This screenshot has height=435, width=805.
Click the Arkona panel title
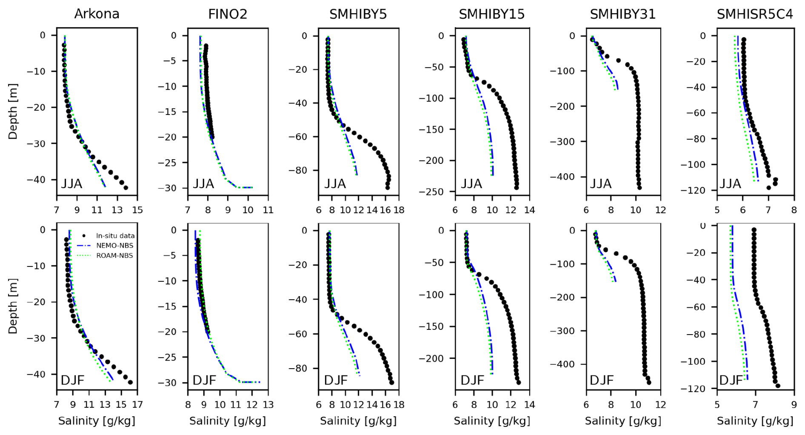click(97, 14)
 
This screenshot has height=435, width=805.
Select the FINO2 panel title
click(228, 14)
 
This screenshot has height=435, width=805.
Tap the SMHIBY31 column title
click(622, 14)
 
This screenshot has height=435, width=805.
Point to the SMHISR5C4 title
click(755, 14)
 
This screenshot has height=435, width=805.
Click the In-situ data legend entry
click(115, 236)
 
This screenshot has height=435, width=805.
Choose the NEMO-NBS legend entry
click(114, 246)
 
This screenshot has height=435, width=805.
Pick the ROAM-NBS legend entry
click(114, 256)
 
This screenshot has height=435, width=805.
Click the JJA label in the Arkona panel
click(71, 184)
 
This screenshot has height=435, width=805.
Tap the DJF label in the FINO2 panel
click(204, 380)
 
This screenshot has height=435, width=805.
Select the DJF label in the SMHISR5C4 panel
click(731, 380)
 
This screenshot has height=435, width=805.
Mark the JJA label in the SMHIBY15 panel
click(471, 184)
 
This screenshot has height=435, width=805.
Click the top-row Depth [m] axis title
click(13, 112)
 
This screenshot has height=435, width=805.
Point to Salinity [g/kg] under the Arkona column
click(97, 421)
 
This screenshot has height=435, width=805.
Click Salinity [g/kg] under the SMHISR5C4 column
click(755, 421)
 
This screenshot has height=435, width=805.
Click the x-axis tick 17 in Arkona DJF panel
click(137, 404)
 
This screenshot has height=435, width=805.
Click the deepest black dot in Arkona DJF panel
click(130, 382)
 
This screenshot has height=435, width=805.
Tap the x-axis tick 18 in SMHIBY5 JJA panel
click(399, 210)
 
